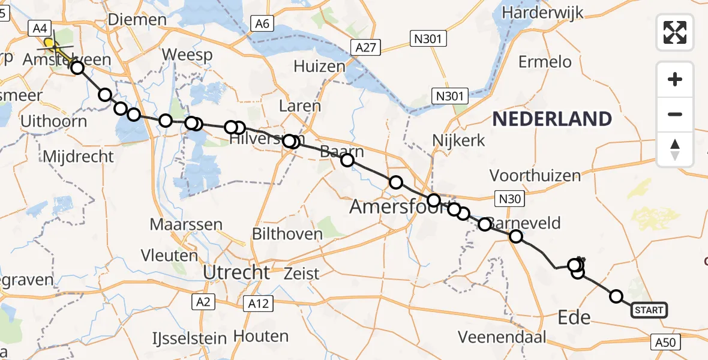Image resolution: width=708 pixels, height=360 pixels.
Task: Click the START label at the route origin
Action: click(x=649, y=310)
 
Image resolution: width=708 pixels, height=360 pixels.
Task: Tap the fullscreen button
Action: click(x=675, y=32)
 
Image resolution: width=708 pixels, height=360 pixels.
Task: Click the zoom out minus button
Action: click(x=675, y=114)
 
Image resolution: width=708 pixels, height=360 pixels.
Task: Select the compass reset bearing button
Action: click(x=675, y=149)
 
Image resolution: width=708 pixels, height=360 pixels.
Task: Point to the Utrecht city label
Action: click(x=236, y=272)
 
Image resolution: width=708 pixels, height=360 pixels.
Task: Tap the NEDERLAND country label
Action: click(x=552, y=119)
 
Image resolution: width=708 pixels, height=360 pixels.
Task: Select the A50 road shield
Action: click(x=666, y=343)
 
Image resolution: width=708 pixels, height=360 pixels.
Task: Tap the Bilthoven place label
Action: click(x=284, y=233)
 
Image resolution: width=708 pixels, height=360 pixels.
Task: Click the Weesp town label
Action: click(x=187, y=55)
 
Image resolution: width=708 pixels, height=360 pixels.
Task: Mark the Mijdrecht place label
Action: click(x=78, y=157)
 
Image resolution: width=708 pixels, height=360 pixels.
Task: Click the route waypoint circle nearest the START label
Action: click(x=616, y=296)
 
